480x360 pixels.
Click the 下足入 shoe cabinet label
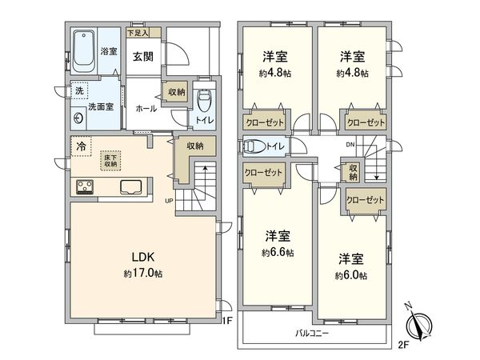pos(142,33)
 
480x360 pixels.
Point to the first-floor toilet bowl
pos(203,102)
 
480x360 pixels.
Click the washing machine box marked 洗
pos(79,91)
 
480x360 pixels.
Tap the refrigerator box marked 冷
pos(81,146)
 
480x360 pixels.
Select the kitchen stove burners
pos(86,187)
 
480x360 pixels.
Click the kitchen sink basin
pos(130,188)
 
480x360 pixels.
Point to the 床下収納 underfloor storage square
pos(111,161)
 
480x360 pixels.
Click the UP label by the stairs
pos(169,200)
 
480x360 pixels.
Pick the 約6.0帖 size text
pos(352,275)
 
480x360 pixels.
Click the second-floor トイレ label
pos(274,146)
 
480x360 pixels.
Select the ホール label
pos(146,108)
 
